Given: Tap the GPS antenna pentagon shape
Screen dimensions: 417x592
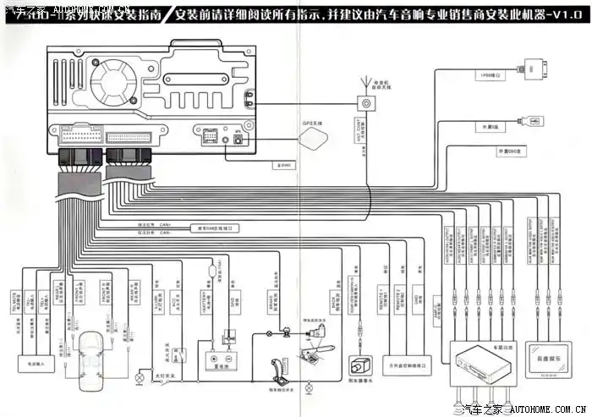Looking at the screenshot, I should coord(311,138).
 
